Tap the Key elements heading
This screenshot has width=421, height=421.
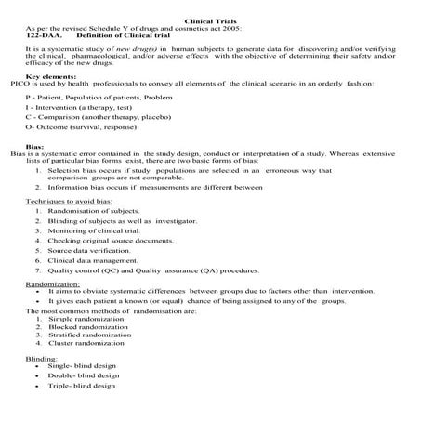click(51, 76)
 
